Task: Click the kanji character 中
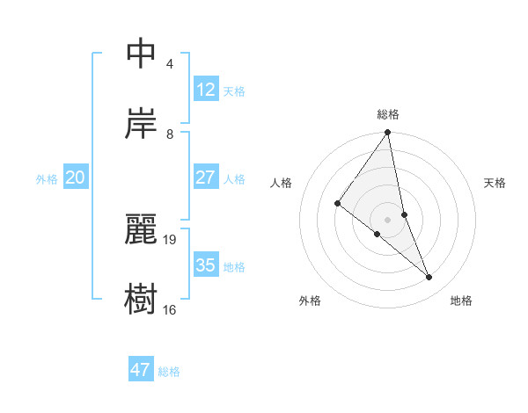tap(141, 54)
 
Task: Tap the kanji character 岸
tap(141, 124)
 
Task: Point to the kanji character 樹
tap(141, 299)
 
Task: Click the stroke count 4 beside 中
tap(169, 64)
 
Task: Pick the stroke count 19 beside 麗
tap(171, 239)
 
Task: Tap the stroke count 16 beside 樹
tap(169, 309)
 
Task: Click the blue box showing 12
tap(205, 90)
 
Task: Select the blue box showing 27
tap(205, 178)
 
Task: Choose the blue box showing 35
tap(205, 265)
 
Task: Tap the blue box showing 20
tap(75, 178)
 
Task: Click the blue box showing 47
tap(140, 370)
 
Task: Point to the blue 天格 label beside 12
tap(234, 91)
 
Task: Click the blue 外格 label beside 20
tap(47, 179)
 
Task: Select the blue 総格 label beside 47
tap(169, 372)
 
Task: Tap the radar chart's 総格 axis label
tap(388, 114)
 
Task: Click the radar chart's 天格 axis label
tap(495, 183)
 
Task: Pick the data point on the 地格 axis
tap(429, 278)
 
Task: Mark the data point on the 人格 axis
tap(337, 204)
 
